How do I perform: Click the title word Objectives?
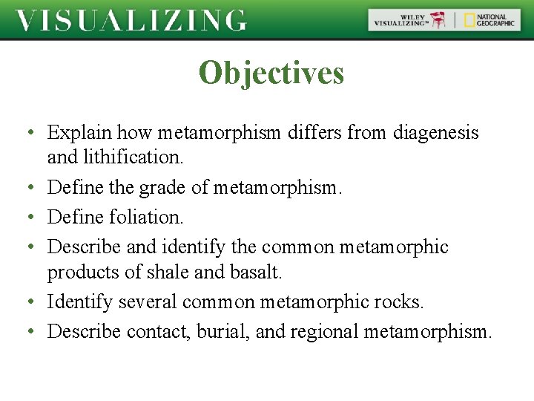pos(271,74)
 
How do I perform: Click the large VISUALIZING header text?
pos(131,21)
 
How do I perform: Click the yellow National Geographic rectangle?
pos(470,20)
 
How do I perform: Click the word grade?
pos(162,189)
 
